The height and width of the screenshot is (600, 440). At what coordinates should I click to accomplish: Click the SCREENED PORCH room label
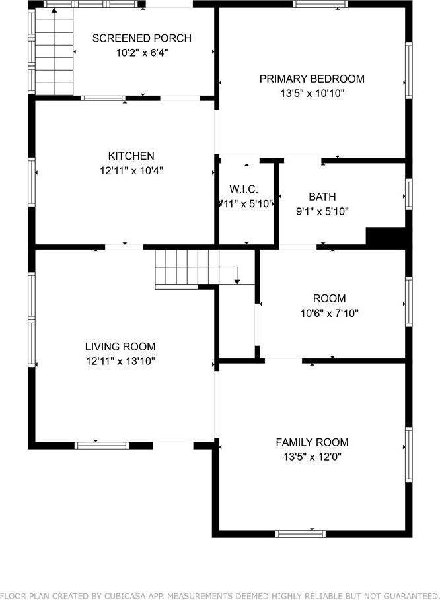pos(141,38)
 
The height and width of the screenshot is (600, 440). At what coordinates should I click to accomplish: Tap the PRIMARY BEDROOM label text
pos(311,79)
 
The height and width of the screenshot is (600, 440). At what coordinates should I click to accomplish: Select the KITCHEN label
pos(131,156)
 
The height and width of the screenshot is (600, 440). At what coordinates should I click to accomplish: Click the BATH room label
pos(322,197)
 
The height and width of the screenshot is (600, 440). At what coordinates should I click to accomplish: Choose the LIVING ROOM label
pos(120,347)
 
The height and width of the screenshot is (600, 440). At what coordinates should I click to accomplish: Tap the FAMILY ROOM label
pos(312,442)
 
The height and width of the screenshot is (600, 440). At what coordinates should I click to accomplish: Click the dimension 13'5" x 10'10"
pos(312,94)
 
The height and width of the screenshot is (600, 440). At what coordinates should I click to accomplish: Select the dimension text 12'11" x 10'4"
pos(131,171)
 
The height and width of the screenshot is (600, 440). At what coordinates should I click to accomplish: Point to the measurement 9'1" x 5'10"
pos(322,211)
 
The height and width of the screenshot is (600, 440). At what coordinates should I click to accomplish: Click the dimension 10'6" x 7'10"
pos(329,314)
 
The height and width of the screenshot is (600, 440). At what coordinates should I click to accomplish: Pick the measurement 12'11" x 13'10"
pos(120,361)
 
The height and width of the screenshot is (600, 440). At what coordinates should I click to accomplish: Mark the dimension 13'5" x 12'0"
pos(312,457)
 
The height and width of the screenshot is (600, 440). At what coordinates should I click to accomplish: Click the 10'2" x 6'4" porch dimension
pos(141,53)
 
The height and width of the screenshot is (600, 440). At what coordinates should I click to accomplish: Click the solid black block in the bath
pos(385,237)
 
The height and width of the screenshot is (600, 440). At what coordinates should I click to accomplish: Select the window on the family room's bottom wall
pos(300,533)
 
